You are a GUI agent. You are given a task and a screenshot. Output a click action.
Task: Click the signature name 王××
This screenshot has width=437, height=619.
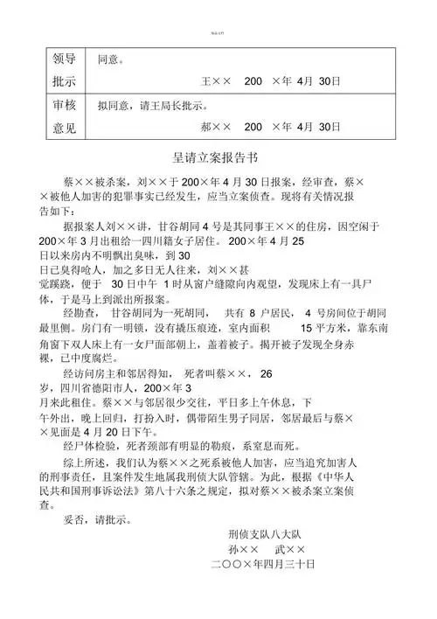pos(216,80)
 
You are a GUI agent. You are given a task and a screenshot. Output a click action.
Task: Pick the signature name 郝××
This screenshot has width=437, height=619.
pos(216,127)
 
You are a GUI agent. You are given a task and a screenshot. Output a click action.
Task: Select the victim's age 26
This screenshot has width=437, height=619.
pos(267,373)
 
